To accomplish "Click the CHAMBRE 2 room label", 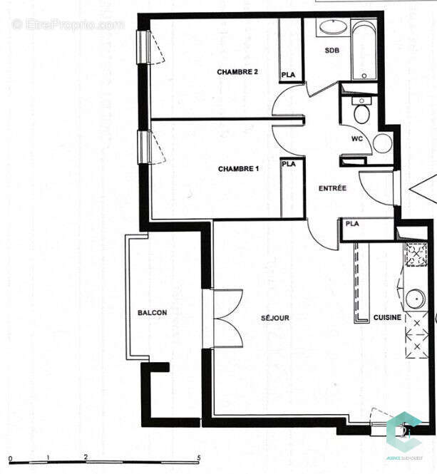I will tap(237, 72).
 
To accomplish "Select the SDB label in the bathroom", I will tap(331, 51).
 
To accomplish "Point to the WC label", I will tap(357, 139).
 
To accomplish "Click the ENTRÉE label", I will tap(332, 188).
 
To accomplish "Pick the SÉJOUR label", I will tap(274, 318).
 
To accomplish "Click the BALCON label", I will tap(153, 313).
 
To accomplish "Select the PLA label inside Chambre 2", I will tap(288, 75).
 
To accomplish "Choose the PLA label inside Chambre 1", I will tap(288, 164).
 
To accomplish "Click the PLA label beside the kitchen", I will tap(352, 224).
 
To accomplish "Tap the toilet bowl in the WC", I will tap(361, 113).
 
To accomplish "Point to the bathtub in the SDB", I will tap(364, 50).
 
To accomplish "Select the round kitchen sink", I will tap(413, 297).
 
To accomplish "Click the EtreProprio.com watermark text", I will tap(68, 24).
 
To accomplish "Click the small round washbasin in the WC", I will tap(383, 143).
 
